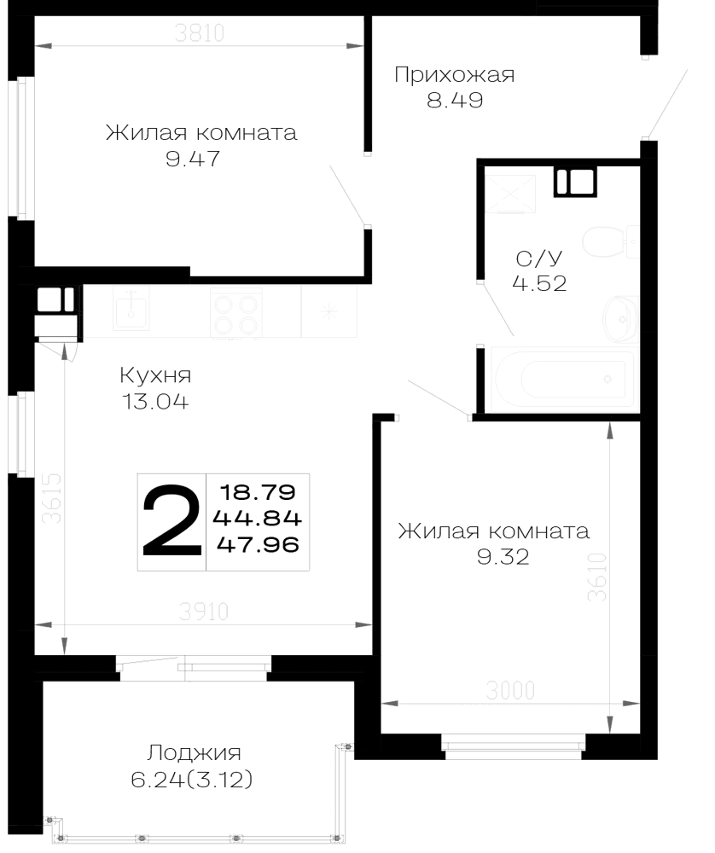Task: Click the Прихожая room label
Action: click(455, 75)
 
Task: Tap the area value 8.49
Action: click(455, 101)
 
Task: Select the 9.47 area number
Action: click(193, 159)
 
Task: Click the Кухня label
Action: click(155, 376)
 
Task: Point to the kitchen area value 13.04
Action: click(155, 402)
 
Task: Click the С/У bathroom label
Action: click(538, 258)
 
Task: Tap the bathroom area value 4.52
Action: click(539, 283)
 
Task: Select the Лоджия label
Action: click(194, 753)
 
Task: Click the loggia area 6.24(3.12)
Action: click(192, 780)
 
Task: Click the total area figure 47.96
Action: click(258, 544)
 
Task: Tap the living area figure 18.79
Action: click(258, 493)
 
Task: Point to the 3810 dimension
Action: click(200, 33)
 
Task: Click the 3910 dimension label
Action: click(204, 612)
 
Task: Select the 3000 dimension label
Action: click(510, 691)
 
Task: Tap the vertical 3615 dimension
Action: click(52, 498)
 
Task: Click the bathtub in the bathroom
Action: click(563, 380)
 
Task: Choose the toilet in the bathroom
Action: click(609, 241)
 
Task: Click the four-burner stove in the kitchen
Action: click(236, 314)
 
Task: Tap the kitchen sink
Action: click(131, 308)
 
